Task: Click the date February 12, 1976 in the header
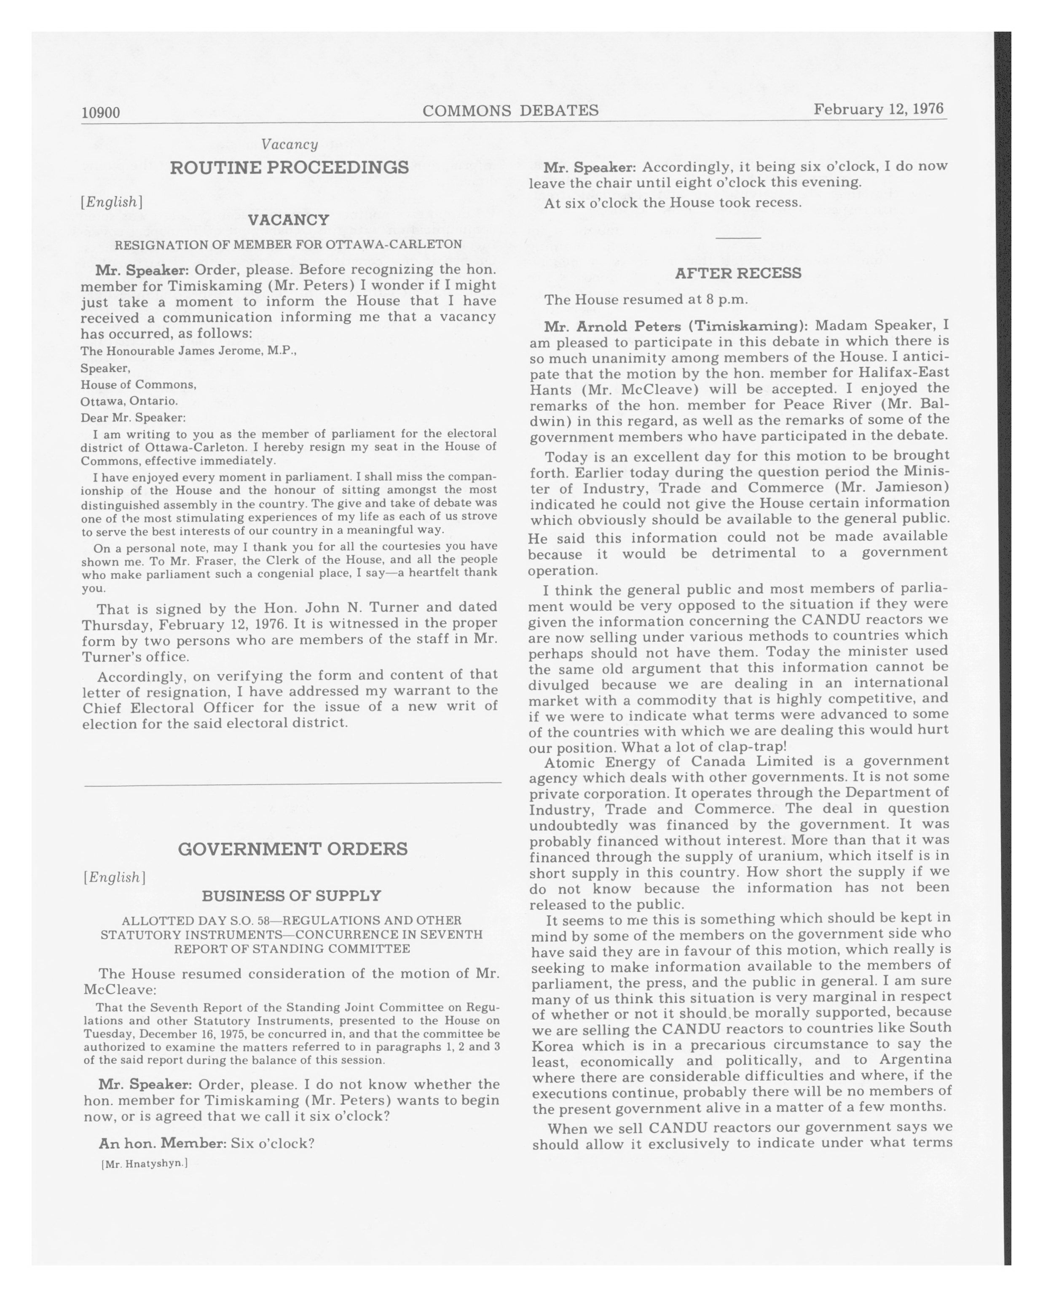[x=878, y=109]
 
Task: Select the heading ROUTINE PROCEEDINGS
[x=289, y=167]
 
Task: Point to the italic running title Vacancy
[x=289, y=144]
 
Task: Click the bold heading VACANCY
[x=289, y=220]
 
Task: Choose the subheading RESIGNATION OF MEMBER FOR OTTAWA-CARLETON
[x=289, y=244]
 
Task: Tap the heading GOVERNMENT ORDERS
[x=293, y=849]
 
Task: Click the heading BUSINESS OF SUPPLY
[x=292, y=896]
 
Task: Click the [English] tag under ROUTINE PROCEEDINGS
[x=112, y=202]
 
